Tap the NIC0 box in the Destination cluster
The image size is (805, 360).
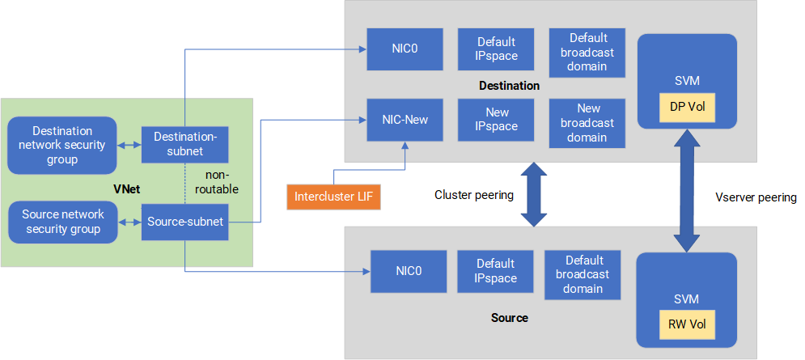point(405,49)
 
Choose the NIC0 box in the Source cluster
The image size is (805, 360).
point(409,271)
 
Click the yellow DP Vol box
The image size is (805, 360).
point(687,106)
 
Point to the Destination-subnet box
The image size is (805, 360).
point(184,144)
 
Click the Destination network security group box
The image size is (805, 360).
point(61,145)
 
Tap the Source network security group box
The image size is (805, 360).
point(61,222)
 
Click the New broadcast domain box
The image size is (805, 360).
point(588,123)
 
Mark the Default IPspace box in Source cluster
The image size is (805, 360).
point(496,271)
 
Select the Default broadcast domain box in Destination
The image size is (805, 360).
point(588,52)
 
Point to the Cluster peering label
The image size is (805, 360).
point(474,195)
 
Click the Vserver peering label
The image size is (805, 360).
point(756,197)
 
